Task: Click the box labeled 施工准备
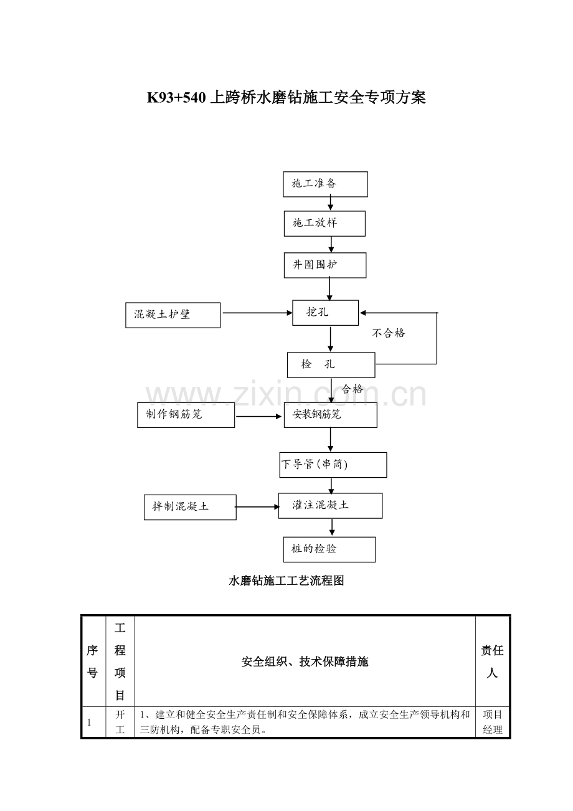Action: click(325, 184)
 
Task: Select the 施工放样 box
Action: click(324, 224)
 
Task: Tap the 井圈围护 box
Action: click(324, 265)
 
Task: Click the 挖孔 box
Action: click(325, 313)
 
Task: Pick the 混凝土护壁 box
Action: click(173, 315)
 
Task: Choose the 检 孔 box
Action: click(331, 365)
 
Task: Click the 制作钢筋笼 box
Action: click(186, 415)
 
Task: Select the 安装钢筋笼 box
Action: click(330, 415)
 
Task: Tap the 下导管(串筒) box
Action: click(333, 465)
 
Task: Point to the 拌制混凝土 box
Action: click(190, 507)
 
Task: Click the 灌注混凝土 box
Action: click(329, 505)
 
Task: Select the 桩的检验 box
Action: click(329, 549)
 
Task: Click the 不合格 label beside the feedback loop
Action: click(388, 333)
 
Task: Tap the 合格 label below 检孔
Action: click(352, 389)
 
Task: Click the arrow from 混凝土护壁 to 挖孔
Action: click(257, 313)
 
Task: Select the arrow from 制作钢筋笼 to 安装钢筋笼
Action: click(259, 416)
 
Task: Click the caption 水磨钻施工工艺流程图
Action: click(286, 581)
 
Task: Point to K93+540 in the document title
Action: click(176, 97)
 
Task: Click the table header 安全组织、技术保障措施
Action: click(305, 662)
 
